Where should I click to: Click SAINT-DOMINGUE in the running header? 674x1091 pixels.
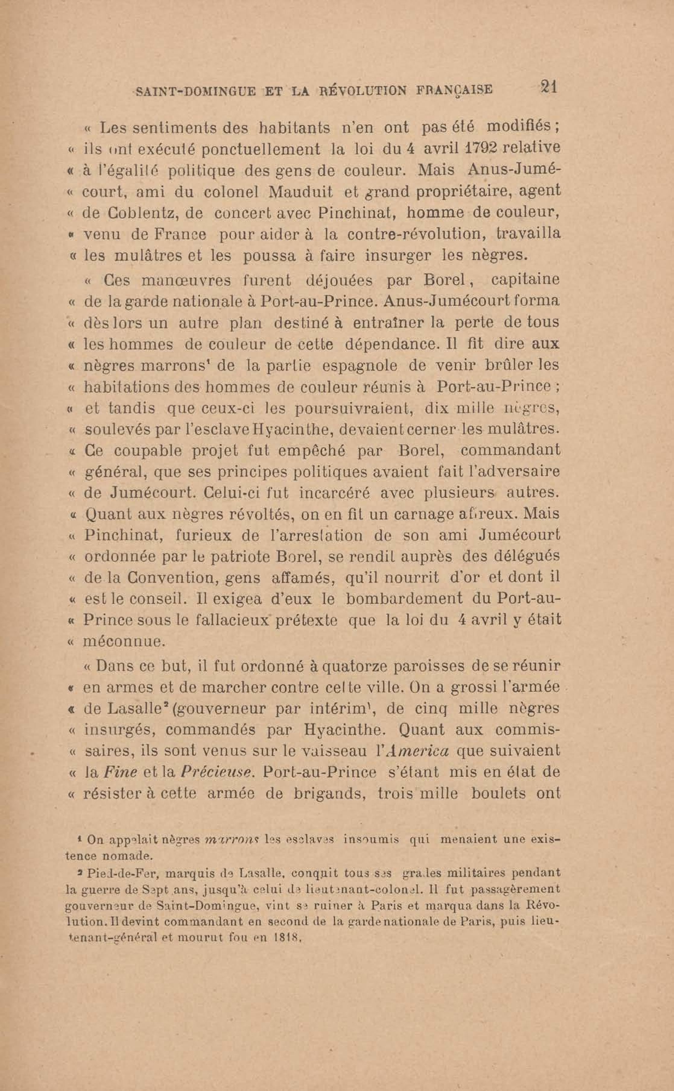[196, 91]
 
